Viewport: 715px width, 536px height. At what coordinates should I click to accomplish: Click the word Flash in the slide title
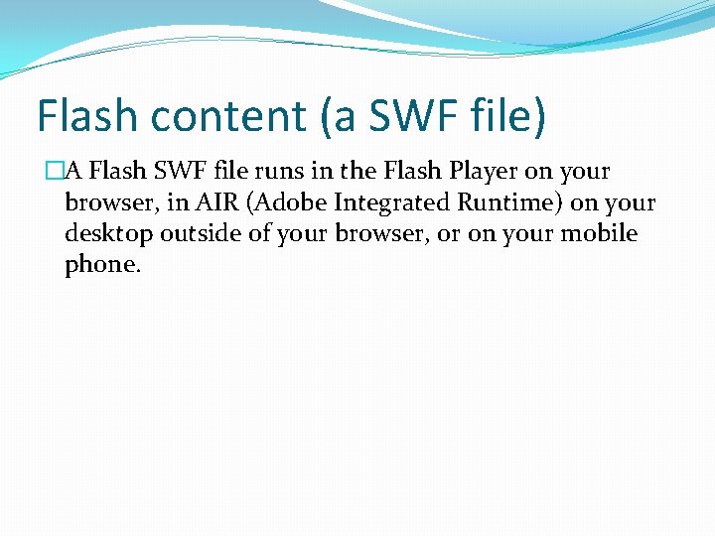pyautogui.click(x=83, y=115)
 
